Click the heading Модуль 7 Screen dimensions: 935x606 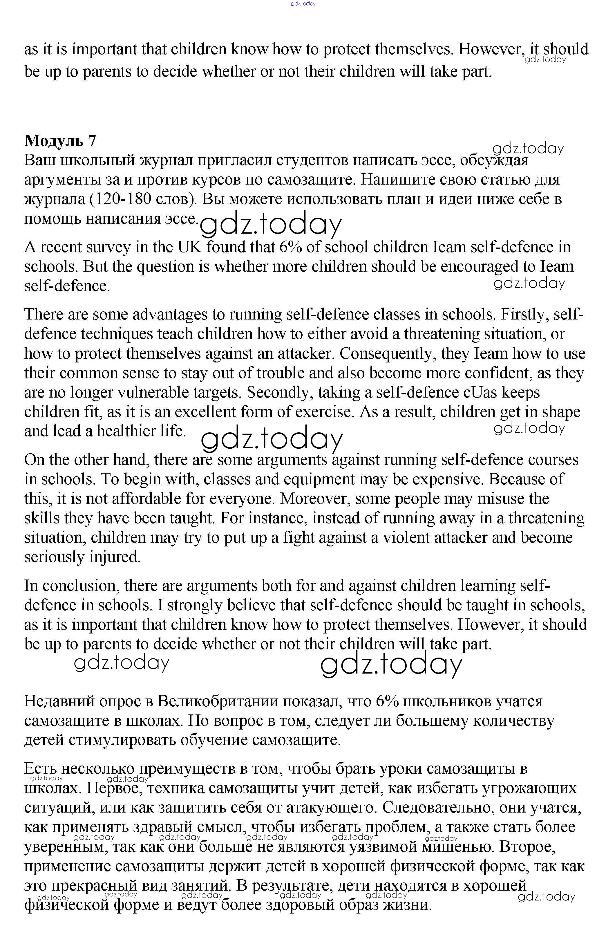pyautogui.click(x=60, y=140)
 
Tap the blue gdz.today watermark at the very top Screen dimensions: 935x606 pyautogui.click(x=303, y=3)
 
